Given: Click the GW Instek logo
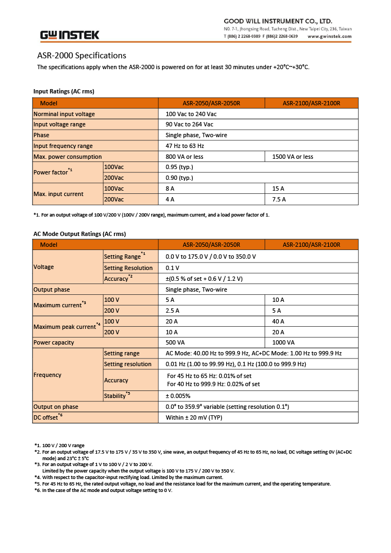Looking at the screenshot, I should click(70, 35).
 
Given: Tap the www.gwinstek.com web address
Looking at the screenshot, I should click(329, 36).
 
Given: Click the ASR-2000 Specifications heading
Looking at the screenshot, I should click(82, 56).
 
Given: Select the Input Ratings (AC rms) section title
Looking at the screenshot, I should click(64, 91).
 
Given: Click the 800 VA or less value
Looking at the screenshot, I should click(184, 157).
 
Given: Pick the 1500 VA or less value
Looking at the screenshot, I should click(293, 157).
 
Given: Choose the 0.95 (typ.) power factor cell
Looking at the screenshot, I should click(179, 167).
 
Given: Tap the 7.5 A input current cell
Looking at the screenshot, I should click(279, 199).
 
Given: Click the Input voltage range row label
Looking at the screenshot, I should click(59, 124).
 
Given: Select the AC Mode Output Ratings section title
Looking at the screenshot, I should click(79, 234).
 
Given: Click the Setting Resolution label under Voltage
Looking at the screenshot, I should click(128, 268).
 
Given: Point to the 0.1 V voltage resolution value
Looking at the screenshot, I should click(173, 268).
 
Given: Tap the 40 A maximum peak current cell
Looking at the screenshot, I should click(279, 321).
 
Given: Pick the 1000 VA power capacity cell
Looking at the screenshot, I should click(284, 342).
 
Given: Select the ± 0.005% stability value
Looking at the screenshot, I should click(178, 396).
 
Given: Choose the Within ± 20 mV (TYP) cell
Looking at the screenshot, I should click(194, 417).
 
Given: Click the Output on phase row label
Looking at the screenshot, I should click(56, 407).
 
